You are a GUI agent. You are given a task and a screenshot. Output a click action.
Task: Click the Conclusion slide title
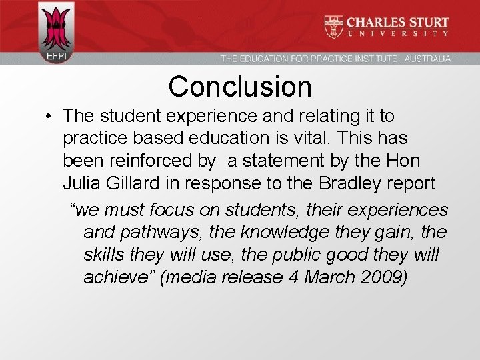pyautogui.click(x=240, y=87)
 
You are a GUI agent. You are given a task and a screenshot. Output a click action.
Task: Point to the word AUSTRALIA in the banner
pyautogui.click(x=427, y=59)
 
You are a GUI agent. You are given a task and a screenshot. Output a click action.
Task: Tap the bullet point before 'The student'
pyautogui.click(x=51, y=117)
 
